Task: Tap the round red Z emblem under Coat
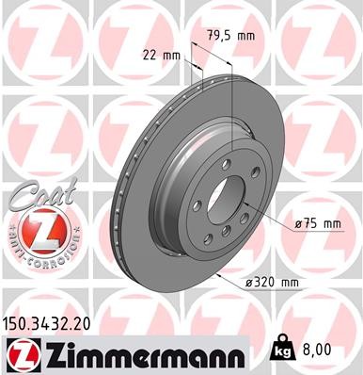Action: pos(36,229)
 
